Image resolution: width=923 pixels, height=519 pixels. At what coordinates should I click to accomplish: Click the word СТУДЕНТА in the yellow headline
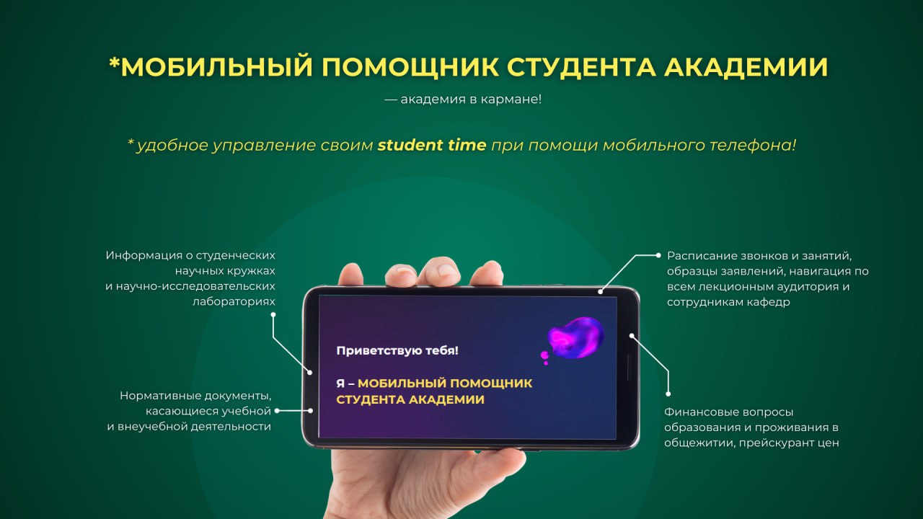581,67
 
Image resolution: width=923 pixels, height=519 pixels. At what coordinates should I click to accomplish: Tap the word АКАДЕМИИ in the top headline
746,67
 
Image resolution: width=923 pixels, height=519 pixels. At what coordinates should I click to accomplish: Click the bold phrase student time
432,145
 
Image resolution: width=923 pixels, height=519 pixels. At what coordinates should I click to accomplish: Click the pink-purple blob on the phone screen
575,338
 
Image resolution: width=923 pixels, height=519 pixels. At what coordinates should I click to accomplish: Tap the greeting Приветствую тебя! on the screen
397,351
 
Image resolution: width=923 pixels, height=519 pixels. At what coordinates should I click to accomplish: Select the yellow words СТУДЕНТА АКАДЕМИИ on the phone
410,399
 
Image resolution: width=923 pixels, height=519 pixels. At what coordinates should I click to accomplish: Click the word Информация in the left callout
143,256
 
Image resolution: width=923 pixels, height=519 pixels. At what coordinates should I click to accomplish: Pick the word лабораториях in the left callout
234,302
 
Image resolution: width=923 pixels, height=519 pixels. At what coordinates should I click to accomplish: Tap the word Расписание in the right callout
702,256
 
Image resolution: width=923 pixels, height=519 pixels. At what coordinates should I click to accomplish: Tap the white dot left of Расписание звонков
658,255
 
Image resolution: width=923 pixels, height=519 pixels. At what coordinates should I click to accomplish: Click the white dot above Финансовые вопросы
668,394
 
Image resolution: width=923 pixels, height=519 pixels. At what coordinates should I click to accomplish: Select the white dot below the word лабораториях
273,315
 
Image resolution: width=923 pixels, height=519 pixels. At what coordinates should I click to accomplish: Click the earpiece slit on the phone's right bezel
629,368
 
